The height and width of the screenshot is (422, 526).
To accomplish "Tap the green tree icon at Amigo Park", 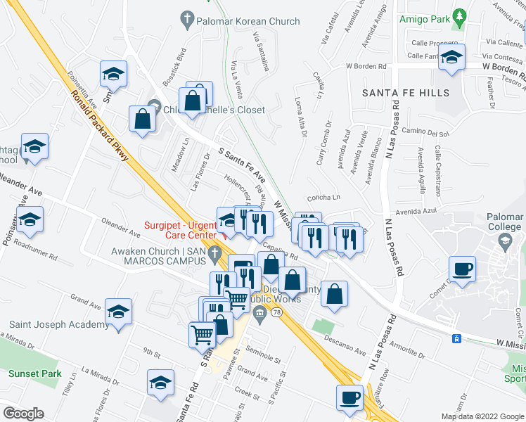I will point(460,15).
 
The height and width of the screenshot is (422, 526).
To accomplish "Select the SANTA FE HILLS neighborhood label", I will point(405,93).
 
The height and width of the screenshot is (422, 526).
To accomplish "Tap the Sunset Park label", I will point(35,373).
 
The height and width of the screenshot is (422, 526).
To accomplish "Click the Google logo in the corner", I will point(24,414).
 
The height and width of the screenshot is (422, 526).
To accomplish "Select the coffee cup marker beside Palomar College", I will point(462,269).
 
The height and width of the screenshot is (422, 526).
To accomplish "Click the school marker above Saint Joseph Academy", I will point(118,312).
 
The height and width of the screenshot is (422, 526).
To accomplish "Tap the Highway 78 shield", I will point(277,311).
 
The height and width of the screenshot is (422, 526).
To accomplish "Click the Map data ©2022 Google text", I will point(482,416).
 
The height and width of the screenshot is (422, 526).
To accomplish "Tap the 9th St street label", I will point(152,350).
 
